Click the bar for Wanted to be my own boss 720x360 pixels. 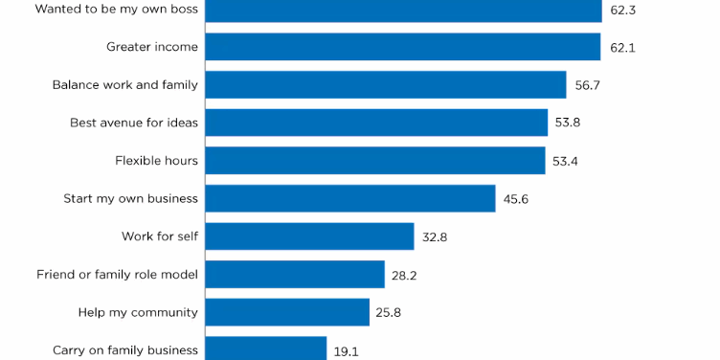pos(403,11)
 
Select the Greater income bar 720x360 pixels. pos(402,47)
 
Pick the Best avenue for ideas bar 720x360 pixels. pos(376,123)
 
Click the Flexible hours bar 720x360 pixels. pos(374,160)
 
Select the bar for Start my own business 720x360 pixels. pos(349,198)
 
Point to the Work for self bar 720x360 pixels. pos(309,236)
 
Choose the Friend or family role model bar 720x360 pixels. pos(295,274)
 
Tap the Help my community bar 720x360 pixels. pos(287,312)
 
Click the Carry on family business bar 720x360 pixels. pos(266,349)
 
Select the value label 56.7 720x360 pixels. pos(588,85)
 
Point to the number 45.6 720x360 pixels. pos(516,199)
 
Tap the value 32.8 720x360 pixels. pos(435,236)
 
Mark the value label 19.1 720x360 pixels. pos(347,351)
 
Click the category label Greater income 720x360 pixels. pos(152,47)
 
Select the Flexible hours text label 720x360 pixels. pos(156,161)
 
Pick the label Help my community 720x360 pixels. pos(138,312)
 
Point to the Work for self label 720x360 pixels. pos(159,236)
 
